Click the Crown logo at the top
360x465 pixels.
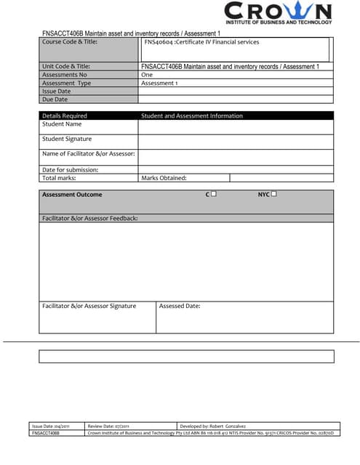point(278,13)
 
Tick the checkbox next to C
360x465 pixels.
point(214,194)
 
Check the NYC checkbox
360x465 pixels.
point(273,194)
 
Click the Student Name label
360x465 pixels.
point(62,124)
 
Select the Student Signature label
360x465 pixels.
point(67,139)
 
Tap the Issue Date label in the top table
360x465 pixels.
point(57,92)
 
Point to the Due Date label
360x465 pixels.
point(55,100)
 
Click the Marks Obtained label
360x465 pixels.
point(164,178)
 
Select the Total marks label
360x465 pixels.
point(59,178)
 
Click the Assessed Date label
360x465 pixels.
point(180,306)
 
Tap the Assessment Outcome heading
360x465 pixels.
point(72,195)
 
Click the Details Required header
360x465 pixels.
point(65,116)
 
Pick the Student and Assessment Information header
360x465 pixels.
point(191,116)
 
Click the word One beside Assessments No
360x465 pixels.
point(147,75)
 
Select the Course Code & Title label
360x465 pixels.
point(70,41)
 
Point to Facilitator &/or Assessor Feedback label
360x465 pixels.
point(89,218)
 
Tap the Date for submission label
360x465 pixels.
point(70,170)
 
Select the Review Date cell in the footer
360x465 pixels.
point(108,426)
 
